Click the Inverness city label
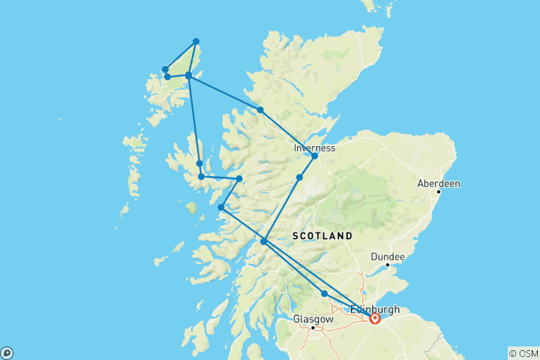pyautogui.click(x=315, y=148)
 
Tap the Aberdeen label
pyautogui.click(x=439, y=183)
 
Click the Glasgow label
pyautogui.click(x=313, y=319)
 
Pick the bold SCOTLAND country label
pyautogui.click(x=322, y=235)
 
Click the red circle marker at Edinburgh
pyautogui.click(x=374, y=319)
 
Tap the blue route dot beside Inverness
pyautogui.click(x=314, y=156)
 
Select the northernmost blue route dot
pyautogui.click(x=196, y=41)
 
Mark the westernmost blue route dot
pyautogui.click(x=165, y=70)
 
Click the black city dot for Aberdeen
pyautogui.click(x=439, y=192)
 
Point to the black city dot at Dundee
pyautogui.click(x=388, y=265)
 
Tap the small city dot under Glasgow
pyautogui.click(x=313, y=328)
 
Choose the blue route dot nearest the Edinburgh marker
pyautogui.click(x=324, y=294)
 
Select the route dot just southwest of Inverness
pyautogui.click(x=299, y=178)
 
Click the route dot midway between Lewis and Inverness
pyautogui.click(x=260, y=110)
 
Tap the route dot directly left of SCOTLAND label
pyautogui.click(x=263, y=241)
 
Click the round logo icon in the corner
pyautogui.click(x=6, y=352)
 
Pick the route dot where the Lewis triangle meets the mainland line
pyautogui.click(x=188, y=76)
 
